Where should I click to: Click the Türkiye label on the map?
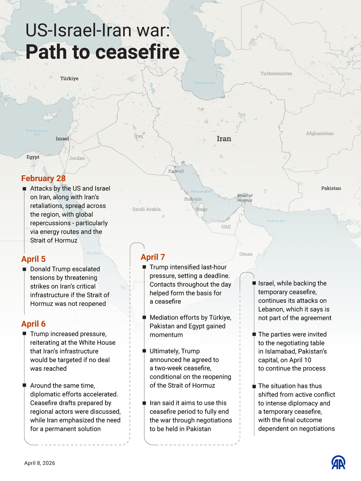point(69,78)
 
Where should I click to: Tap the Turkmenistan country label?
point(276,73)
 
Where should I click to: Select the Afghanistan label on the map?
point(320,133)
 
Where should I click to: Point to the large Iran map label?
point(224,139)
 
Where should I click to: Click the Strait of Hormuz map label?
point(245,198)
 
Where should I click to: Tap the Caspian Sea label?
point(204,83)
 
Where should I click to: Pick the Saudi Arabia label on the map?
point(146,209)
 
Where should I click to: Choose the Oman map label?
point(246,254)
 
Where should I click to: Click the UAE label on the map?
point(226,227)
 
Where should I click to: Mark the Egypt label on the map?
point(33,157)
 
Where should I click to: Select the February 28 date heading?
point(43,178)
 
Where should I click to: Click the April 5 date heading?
point(34,259)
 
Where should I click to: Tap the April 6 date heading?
point(34,324)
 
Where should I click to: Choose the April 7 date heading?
point(153,257)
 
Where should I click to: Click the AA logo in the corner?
point(338,462)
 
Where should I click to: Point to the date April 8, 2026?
point(40,463)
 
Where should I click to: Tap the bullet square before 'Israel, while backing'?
point(254,284)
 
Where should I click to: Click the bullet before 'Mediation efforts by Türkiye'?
point(144,318)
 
